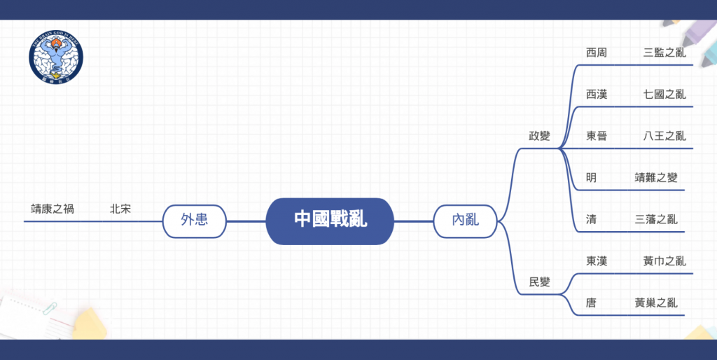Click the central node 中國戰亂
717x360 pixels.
(330, 221)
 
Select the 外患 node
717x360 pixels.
(195, 221)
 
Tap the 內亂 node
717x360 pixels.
(465, 221)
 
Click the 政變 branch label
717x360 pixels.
(539, 136)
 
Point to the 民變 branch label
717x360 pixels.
(539, 282)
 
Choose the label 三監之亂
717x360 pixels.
(664, 52)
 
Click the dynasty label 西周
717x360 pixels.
(597, 52)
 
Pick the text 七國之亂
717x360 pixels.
(664, 94)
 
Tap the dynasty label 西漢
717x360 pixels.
(597, 94)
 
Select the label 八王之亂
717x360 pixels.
(664, 135)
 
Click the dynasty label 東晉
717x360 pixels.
(597, 135)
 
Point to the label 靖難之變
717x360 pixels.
(655, 177)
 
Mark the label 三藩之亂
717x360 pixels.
(655, 219)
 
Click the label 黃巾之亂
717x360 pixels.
(664, 261)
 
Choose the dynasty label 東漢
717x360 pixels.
(597, 261)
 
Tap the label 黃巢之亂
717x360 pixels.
(655, 303)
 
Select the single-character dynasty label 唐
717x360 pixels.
(591, 303)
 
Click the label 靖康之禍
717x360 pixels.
(52, 209)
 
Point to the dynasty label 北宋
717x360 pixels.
(120, 209)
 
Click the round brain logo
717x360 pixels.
(56, 57)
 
